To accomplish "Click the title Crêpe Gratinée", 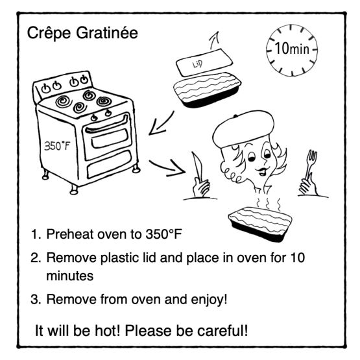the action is click(x=82, y=33).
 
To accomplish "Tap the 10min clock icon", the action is click(x=292, y=50).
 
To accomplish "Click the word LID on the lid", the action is click(x=197, y=64).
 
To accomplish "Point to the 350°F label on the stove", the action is click(x=57, y=146).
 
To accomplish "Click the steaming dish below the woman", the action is click(x=260, y=224).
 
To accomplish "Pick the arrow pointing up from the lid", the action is click(x=215, y=40).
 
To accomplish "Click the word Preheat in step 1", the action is click(x=70, y=234).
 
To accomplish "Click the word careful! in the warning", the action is click(x=222, y=331).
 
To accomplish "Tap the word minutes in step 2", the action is click(x=70, y=276).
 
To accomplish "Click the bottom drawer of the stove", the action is click(x=109, y=164).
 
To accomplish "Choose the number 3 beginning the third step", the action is click(x=34, y=300).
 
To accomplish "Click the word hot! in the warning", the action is click(x=108, y=331).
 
